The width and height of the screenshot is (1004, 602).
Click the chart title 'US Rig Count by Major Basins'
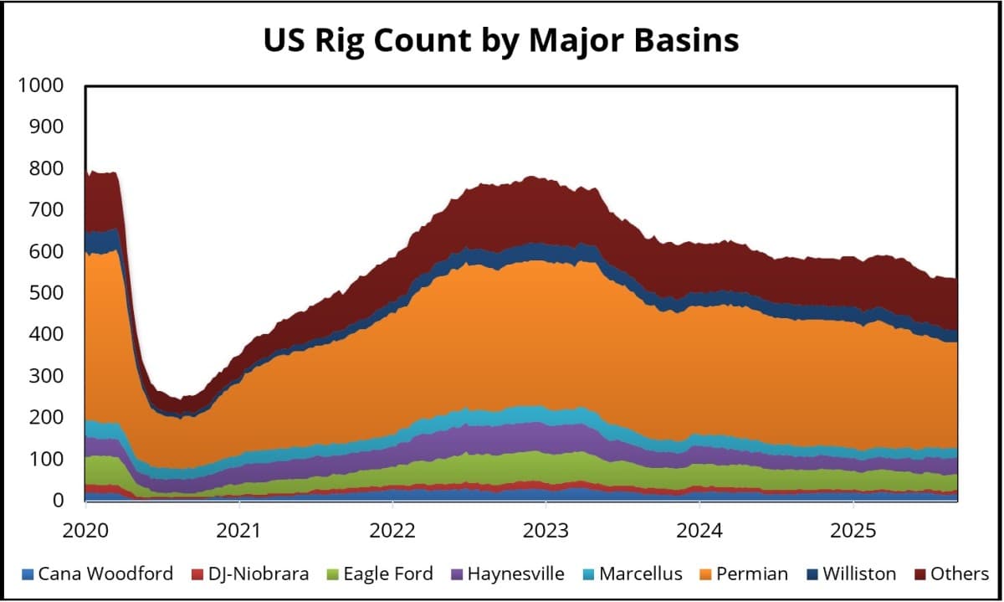click(501, 40)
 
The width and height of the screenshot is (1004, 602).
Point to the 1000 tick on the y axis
click(45, 85)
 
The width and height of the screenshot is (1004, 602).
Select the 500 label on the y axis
click(49, 293)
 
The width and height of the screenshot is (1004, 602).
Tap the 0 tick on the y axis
click(58, 501)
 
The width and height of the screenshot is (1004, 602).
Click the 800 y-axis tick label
click(49, 168)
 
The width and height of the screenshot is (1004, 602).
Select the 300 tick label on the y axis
click(49, 376)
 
